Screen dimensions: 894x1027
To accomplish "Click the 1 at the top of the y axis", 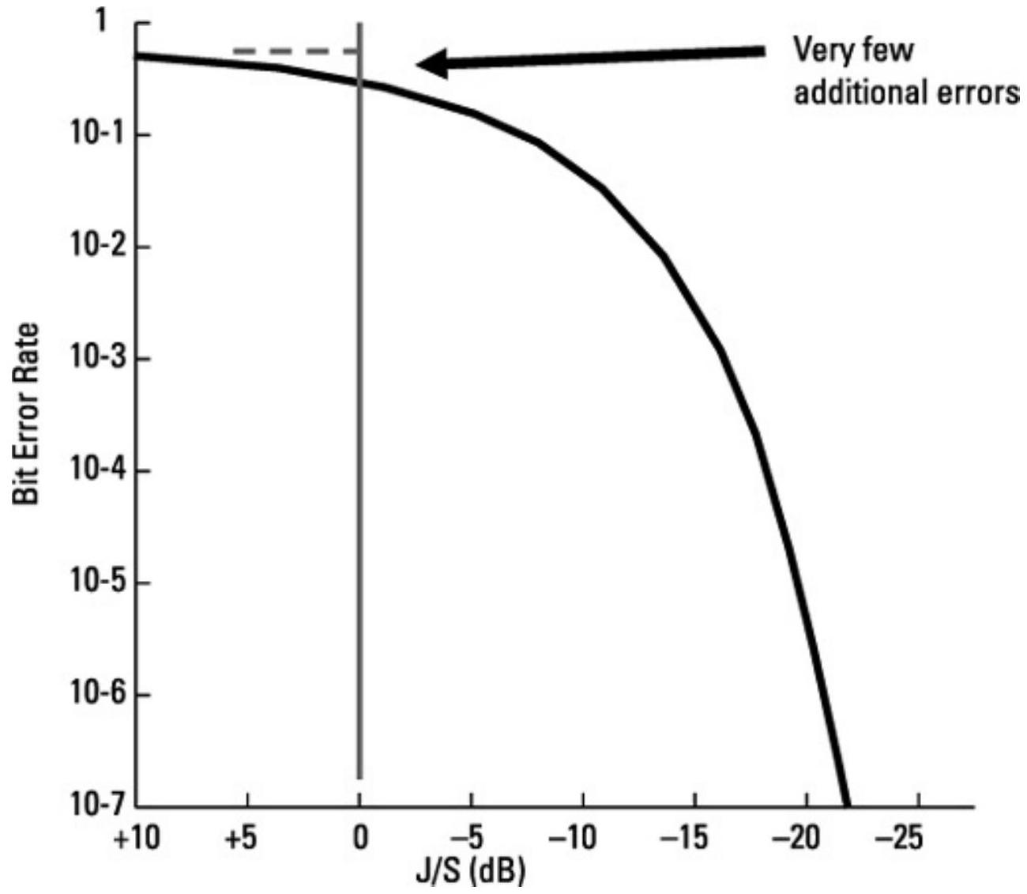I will (x=101, y=22).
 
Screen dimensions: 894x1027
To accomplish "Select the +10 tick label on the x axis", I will (x=135, y=839).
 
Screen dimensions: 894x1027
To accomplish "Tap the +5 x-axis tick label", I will (x=248, y=839).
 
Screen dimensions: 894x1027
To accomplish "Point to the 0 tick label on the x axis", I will (x=360, y=839).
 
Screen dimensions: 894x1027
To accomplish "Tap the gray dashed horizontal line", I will (x=295, y=52).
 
